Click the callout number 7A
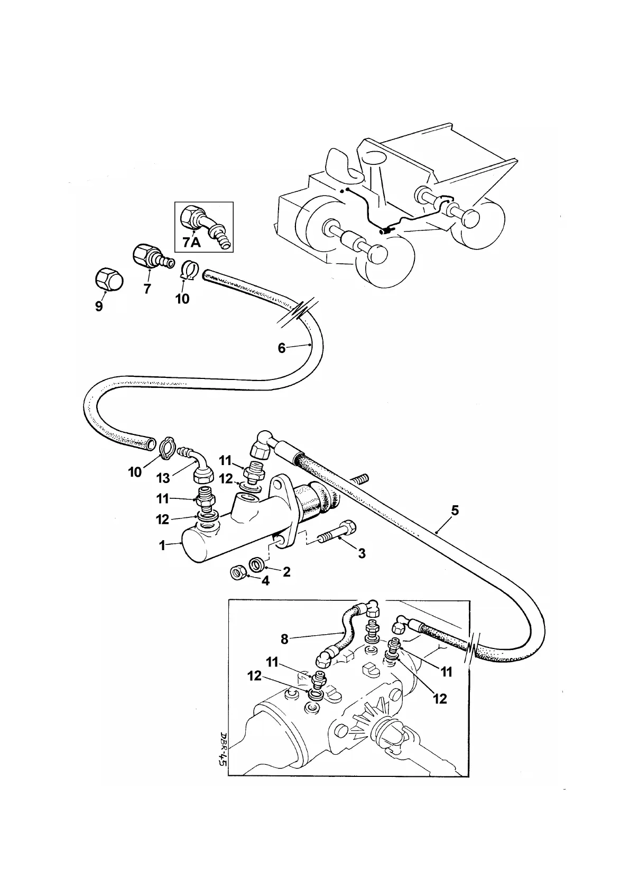pyautogui.click(x=191, y=243)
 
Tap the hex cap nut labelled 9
pyautogui.click(x=109, y=279)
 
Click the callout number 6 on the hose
pyautogui.click(x=282, y=348)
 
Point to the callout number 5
pyautogui.click(x=455, y=511)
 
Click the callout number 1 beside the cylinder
pyautogui.click(x=163, y=545)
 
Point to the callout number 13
pyautogui.click(x=163, y=478)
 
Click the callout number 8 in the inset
pyautogui.click(x=284, y=639)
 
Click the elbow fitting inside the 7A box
pyautogui.click(x=203, y=223)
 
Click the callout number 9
pyautogui.click(x=99, y=307)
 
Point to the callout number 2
pyautogui.click(x=286, y=571)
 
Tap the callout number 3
pyautogui.click(x=362, y=553)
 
